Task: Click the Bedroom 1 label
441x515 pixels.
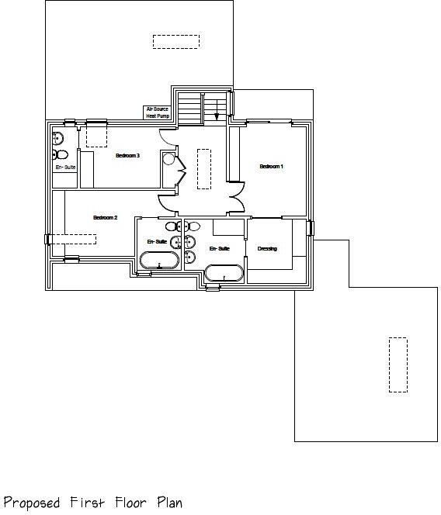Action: pos(271,167)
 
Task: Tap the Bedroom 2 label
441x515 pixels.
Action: pos(105,218)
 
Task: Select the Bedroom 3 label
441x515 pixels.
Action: pos(127,156)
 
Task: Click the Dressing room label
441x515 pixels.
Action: pos(267,249)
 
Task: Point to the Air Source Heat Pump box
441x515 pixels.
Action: pos(157,112)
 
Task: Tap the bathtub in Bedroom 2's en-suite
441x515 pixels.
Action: pos(160,261)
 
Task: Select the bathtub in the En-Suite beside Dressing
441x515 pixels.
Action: pos(224,272)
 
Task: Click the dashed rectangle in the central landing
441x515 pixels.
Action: pos(204,168)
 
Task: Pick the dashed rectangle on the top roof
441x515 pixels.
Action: pos(176,42)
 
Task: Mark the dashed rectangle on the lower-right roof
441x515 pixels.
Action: pos(398,365)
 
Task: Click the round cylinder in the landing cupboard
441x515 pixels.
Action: pos(168,159)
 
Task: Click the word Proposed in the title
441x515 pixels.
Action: pos(31,503)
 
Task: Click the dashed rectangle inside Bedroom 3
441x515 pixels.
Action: pos(96,135)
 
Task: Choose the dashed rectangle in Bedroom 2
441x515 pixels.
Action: pos(75,239)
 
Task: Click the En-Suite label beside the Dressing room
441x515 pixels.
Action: pos(220,249)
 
